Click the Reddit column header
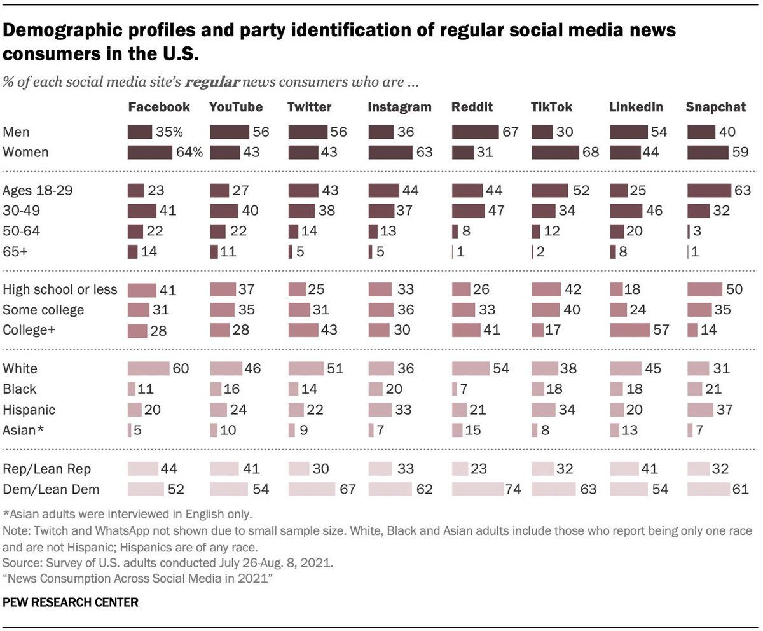point(472,107)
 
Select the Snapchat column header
point(715,107)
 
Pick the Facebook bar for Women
point(150,153)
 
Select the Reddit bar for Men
point(475,132)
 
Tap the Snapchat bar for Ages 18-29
point(709,190)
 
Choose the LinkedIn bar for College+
point(629,330)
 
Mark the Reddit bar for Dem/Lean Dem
point(477,489)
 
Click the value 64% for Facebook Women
point(189,153)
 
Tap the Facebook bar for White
point(148,368)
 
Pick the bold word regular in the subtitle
point(222,83)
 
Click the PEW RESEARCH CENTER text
point(71,601)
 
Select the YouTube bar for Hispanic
point(219,410)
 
